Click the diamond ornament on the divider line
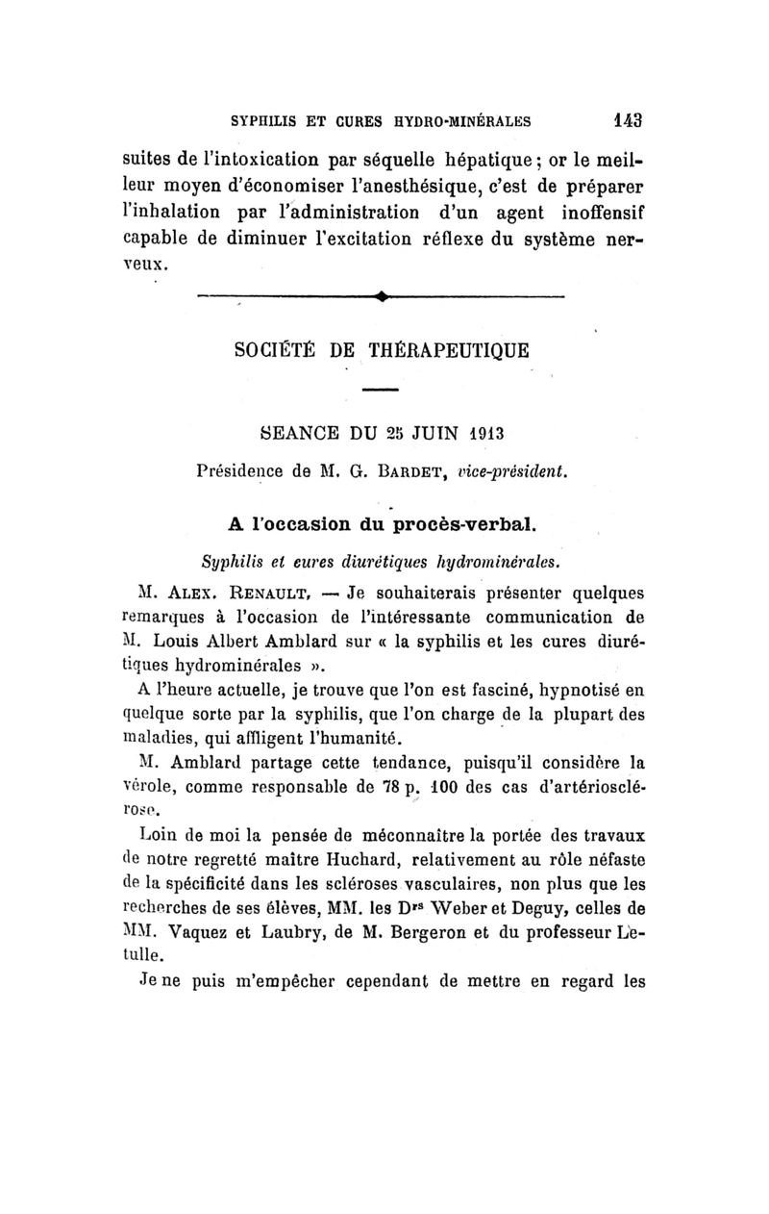coord(383,296)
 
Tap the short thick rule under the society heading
coord(382,390)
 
